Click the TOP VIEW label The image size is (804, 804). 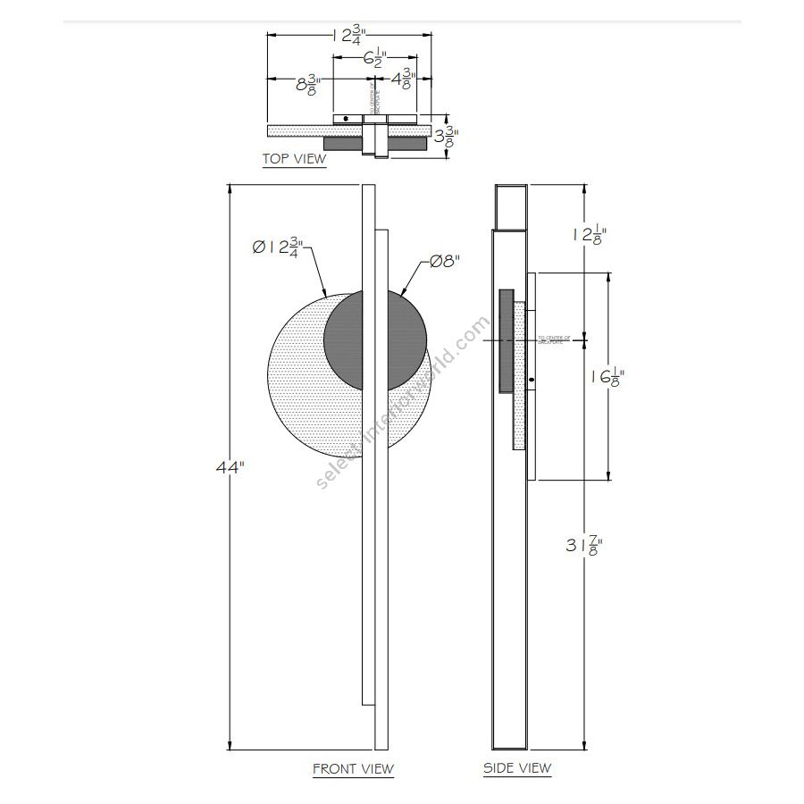(294, 160)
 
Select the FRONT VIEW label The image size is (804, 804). (353, 768)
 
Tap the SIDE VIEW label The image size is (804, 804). (517, 768)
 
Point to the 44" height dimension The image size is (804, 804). (229, 467)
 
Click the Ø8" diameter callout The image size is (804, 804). (444, 262)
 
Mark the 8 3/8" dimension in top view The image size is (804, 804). (306, 87)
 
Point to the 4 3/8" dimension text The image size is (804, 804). (402, 80)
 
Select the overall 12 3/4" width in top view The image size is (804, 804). (353, 36)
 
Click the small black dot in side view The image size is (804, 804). (532, 381)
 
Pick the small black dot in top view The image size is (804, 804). (346, 119)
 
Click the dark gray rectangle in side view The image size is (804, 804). (507, 339)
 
